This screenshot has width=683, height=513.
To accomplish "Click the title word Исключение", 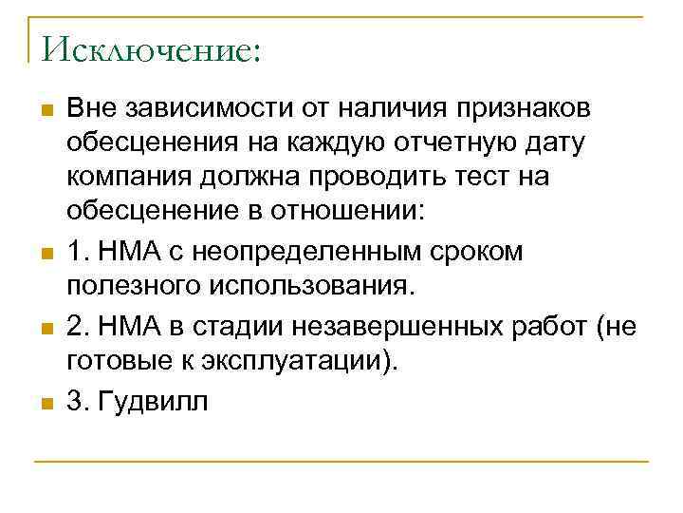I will [x=144, y=49].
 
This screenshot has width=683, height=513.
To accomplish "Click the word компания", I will [x=125, y=179].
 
